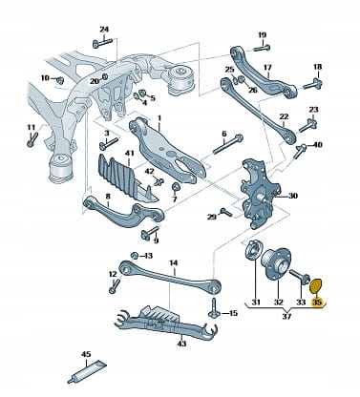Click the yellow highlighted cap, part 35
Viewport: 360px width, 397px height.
(x=316, y=286)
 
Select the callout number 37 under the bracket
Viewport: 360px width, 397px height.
(x=286, y=316)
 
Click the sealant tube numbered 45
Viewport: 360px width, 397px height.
(x=88, y=371)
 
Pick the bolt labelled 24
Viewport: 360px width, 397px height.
(x=102, y=42)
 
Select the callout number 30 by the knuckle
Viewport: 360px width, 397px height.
(x=292, y=196)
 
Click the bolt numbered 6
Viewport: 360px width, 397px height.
(x=227, y=144)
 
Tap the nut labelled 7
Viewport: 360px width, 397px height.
(x=176, y=187)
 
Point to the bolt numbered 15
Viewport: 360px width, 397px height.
(x=214, y=308)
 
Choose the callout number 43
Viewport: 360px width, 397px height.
(x=181, y=344)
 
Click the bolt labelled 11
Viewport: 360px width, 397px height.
(x=32, y=139)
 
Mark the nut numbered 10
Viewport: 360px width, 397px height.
(x=60, y=79)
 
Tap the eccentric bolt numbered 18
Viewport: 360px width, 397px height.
(x=313, y=84)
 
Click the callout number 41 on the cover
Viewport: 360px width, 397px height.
(x=129, y=153)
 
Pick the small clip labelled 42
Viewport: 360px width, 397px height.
(x=159, y=182)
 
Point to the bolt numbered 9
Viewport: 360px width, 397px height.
(x=149, y=233)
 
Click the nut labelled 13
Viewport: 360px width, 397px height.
(x=135, y=256)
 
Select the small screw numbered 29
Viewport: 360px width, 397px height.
(x=226, y=212)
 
